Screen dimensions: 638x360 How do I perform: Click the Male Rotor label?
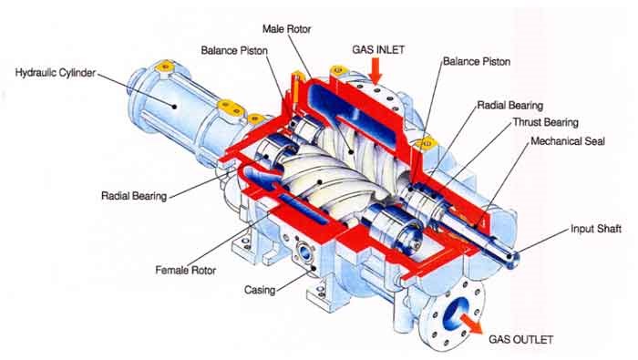click(x=286, y=29)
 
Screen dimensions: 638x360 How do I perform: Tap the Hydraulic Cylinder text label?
click(x=56, y=73)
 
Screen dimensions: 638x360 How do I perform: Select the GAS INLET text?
click(x=378, y=49)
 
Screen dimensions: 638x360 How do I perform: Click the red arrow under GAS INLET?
click(x=376, y=70)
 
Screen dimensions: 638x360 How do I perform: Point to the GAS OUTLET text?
click(x=520, y=339)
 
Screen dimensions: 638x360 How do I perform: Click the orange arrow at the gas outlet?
click(x=470, y=323)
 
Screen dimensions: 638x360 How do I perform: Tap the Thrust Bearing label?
click(x=545, y=122)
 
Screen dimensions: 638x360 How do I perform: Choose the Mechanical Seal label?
click(x=568, y=141)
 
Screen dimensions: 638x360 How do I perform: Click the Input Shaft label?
click(x=596, y=229)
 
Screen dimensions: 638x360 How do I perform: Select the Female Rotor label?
click(x=186, y=270)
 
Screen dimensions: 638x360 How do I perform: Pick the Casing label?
click(x=260, y=290)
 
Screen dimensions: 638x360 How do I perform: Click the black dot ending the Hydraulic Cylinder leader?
click(x=174, y=107)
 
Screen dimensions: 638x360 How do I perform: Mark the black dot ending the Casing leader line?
click(x=314, y=269)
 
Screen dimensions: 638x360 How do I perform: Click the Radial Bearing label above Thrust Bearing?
click(x=509, y=106)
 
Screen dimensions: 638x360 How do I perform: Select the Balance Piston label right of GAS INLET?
click(x=477, y=61)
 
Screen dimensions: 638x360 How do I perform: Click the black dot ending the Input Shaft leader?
click(x=514, y=255)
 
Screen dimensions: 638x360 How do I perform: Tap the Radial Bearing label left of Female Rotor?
click(x=134, y=196)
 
